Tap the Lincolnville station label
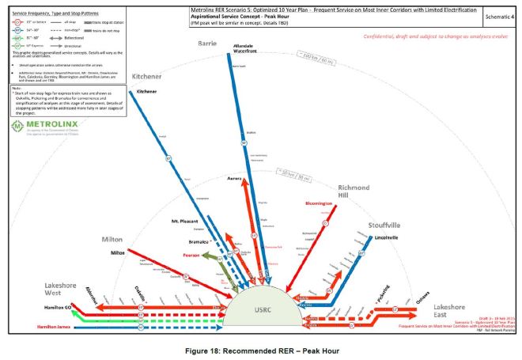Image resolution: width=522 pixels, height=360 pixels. coord(383,237)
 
